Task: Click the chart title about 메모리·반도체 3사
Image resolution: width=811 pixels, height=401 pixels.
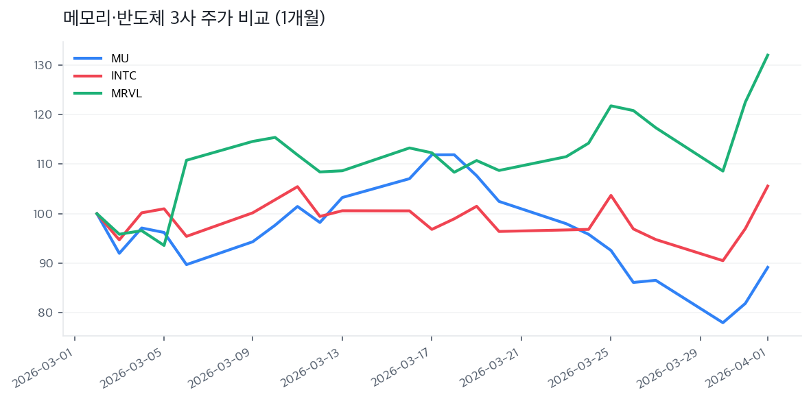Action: point(193,19)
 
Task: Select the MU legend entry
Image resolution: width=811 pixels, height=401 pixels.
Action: point(119,58)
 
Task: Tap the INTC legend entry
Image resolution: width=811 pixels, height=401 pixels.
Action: point(124,75)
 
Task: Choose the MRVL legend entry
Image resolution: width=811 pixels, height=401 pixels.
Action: point(126,93)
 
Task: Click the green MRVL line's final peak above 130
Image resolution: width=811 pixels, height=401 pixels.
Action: point(767,55)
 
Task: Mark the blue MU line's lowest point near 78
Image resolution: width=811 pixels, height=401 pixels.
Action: point(722,322)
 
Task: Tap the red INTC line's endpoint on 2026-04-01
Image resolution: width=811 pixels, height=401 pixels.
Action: point(767,186)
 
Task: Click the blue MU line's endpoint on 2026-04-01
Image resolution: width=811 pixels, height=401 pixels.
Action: point(767,267)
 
